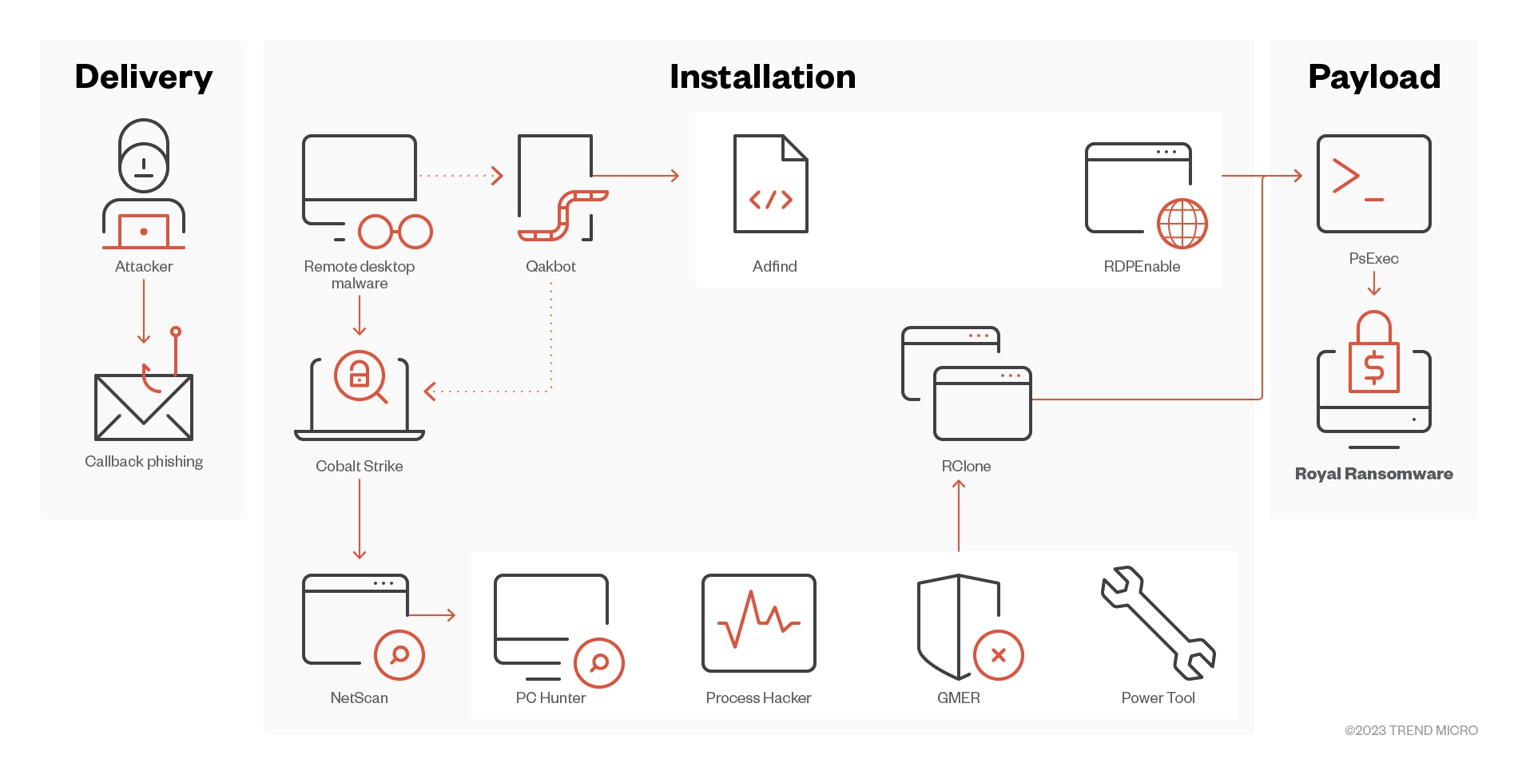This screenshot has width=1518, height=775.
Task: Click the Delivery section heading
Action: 144,77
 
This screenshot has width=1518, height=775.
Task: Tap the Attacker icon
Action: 144,185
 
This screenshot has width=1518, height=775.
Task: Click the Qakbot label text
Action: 550,267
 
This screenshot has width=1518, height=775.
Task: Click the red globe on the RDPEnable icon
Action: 1182,224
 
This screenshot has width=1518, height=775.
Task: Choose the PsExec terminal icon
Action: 1374,184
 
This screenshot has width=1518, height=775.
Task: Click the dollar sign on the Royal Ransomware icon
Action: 1374,368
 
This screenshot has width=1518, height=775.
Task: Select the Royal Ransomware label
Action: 1374,474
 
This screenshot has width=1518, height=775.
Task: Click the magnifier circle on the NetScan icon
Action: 399,655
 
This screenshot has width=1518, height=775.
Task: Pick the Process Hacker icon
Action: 759,623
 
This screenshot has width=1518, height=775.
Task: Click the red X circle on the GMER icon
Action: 999,655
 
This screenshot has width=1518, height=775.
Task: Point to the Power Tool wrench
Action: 1158,622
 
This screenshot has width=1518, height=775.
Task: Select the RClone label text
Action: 966,467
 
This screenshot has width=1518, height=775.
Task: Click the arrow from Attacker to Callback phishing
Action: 144,312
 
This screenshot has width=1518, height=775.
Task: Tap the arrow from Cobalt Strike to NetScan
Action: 360,519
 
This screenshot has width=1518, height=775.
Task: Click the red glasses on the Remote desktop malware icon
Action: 395,232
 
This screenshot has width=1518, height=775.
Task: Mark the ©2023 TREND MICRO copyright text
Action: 1411,730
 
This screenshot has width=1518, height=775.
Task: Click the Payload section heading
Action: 1374,77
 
